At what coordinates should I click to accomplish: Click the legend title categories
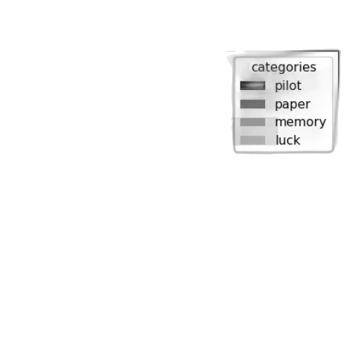point(284,67)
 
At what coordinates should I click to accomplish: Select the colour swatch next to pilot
point(252,86)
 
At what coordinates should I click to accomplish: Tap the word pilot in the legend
point(288,86)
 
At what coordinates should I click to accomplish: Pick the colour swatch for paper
point(252,104)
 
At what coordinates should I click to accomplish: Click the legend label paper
point(292,105)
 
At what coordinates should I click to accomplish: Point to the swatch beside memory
point(252,122)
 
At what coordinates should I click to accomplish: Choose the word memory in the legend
point(300,122)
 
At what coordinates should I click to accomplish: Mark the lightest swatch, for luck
point(252,140)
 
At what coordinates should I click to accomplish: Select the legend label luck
point(288,140)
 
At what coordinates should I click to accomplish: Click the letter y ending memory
point(323,123)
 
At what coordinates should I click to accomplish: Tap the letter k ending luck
point(297,140)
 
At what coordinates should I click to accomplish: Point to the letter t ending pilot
point(299,86)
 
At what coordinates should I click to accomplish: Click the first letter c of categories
point(255,68)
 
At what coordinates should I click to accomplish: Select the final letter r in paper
point(307,104)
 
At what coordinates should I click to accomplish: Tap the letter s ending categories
point(314,68)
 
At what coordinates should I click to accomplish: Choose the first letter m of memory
point(281,122)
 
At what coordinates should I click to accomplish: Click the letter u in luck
point(282,141)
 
